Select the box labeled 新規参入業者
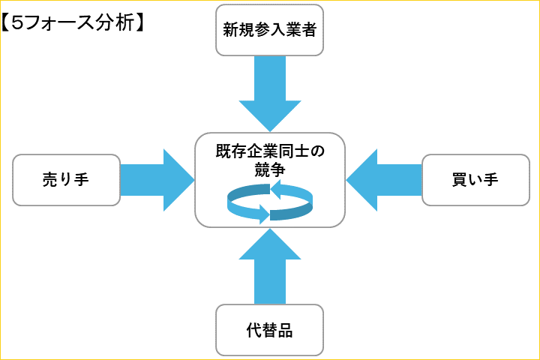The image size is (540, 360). pyautogui.click(x=269, y=30)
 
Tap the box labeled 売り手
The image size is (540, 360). pyautogui.click(x=66, y=180)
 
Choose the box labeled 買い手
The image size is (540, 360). pyautogui.click(x=475, y=180)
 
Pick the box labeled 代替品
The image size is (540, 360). pyautogui.click(x=269, y=330)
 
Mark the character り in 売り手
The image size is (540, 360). pyautogui.click(x=66, y=180)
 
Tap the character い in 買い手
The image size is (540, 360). pyautogui.click(x=475, y=180)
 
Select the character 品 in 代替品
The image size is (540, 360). pyautogui.click(x=285, y=330)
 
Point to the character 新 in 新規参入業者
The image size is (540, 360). pyautogui.click(x=230, y=30)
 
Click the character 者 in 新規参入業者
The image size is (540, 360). pyautogui.click(x=308, y=30)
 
